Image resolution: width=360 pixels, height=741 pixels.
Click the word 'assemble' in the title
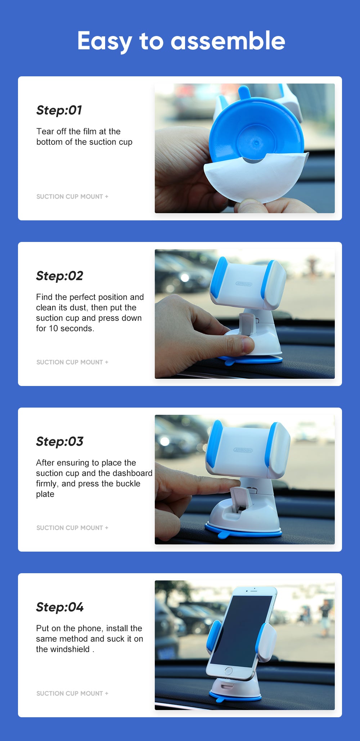click(x=228, y=41)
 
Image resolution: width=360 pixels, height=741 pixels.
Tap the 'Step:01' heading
click(x=59, y=110)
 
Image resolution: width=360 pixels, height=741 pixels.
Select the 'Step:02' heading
click(x=60, y=276)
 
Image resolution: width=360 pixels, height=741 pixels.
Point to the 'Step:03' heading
click(x=60, y=441)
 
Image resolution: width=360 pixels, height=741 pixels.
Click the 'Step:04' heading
click(x=60, y=607)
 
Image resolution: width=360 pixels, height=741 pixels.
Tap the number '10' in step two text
click(x=53, y=328)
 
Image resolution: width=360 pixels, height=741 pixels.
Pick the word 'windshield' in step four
click(x=69, y=649)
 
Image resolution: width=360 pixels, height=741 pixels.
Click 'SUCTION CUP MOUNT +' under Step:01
click(x=72, y=197)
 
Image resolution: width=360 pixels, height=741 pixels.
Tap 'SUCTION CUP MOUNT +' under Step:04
click(x=72, y=693)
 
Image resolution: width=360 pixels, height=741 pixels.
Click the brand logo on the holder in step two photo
click(x=244, y=284)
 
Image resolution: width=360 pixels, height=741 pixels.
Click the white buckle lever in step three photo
click(x=238, y=498)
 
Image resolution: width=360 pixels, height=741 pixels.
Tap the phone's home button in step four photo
click(x=229, y=670)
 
